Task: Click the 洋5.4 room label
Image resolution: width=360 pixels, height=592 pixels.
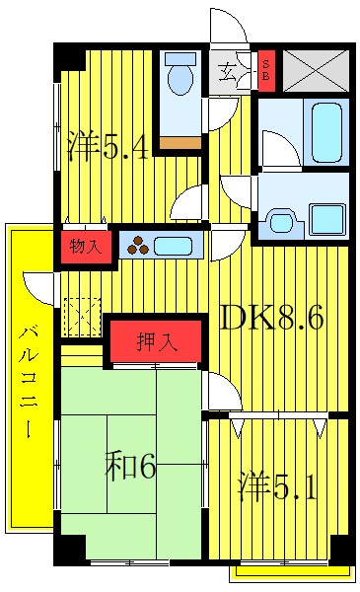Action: tap(108, 148)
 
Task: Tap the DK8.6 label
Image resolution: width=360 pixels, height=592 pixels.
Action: tap(270, 319)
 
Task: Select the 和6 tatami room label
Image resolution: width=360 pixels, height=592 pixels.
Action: tap(130, 466)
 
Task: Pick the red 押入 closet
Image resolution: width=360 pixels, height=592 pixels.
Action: tap(158, 343)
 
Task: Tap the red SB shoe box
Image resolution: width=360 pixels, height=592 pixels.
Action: tap(265, 72)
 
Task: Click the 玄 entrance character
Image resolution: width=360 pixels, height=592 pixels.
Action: tap(227, 71)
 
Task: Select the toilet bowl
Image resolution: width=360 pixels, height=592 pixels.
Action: tap(180, 77)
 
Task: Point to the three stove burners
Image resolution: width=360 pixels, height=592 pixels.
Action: tap(139, 246)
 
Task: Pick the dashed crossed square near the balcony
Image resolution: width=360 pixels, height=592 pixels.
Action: tap(79, 317)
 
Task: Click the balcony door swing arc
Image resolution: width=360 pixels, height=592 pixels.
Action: tap(37, 287)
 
